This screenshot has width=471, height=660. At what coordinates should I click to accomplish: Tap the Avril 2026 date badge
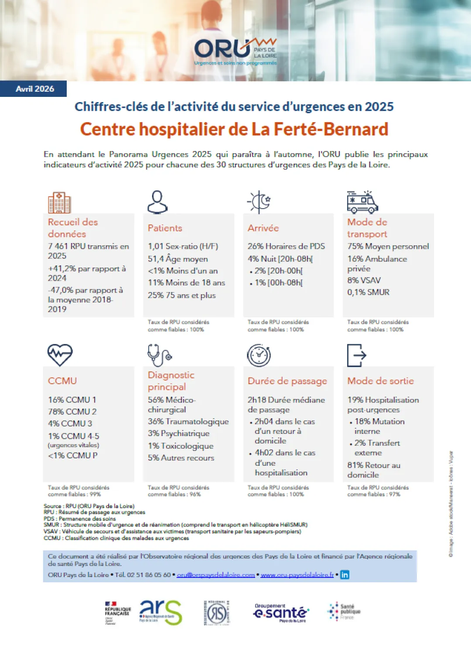tap(34, 89)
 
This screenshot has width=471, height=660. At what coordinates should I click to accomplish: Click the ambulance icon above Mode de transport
tap(362, 202)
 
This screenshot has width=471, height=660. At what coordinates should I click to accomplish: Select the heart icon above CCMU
tap(60, 354)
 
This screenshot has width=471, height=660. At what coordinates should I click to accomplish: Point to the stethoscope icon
tap(159, 355)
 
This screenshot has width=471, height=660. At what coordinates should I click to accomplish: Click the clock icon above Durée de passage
tap(259, 355)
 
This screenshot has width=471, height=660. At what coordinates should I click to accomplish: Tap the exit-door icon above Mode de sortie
tap(356, 355)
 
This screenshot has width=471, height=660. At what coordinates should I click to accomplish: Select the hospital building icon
tap(59, 203)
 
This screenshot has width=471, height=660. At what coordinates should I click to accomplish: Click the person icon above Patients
tap(157, 202)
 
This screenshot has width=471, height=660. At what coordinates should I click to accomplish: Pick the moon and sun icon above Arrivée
tap(259, 202)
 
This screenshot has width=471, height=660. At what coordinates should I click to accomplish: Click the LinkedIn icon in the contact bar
tap(345, 575)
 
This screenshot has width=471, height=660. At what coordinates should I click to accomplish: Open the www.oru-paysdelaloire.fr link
tap(297, 575)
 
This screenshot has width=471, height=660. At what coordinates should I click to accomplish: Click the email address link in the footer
tap(215, 575)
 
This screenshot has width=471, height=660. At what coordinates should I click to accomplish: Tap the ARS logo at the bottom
tap(160, 612)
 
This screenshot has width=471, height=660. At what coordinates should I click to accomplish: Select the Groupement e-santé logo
tap(281, 613)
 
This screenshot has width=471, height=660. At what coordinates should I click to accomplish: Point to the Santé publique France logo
tap(344, 612)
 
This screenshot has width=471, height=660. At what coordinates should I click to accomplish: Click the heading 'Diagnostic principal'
tap(171, 381)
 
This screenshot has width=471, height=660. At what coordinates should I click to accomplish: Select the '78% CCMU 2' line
tap(72, 412)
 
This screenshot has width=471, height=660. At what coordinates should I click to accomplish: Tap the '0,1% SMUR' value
tap(368, 292)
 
